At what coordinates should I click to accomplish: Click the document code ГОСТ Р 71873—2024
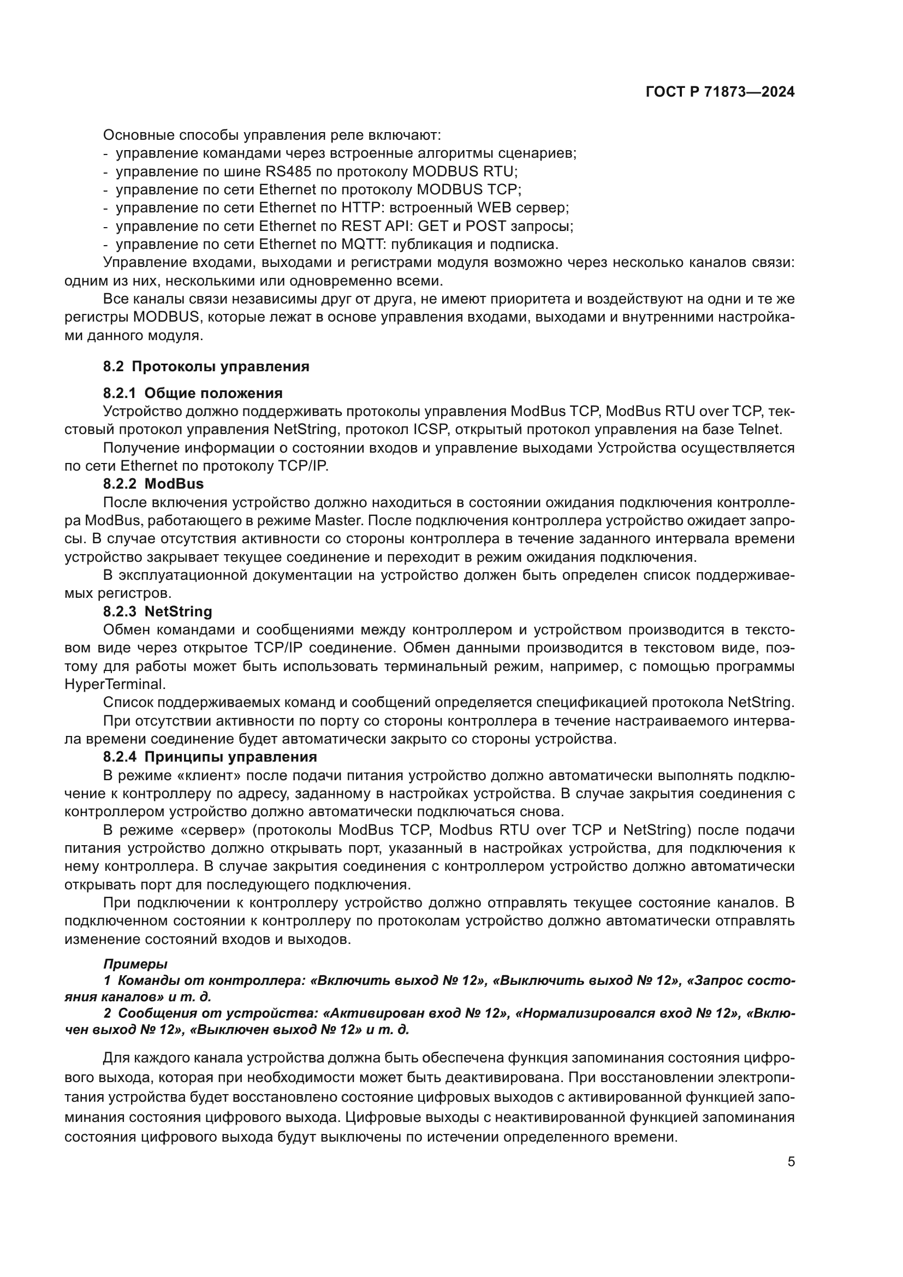[x=720, y=92]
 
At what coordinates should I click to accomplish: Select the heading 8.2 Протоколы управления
[x=206, y=366]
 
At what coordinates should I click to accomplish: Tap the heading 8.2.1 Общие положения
[x=192, y=393]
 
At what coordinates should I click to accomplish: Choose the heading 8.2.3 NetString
[x=157, y=611]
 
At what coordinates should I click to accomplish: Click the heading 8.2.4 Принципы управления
[x=210, y=756]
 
